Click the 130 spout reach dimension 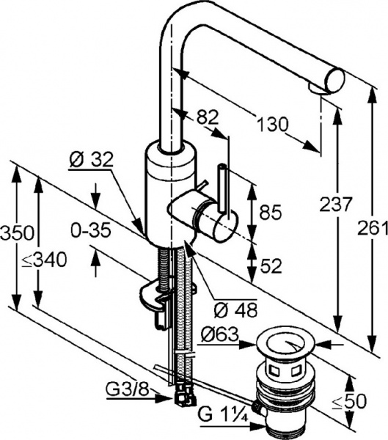pyautogui.click(x=273, y=124)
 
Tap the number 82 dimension pyautogui.click(x=207, y=117)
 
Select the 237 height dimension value pyautogui.click(x=336, y=204)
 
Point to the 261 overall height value pyautogui.click(x=373, y=227)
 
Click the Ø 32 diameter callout pyautogui.click(x=91, y=160)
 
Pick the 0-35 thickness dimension pyautogui.click(x=91, y=231)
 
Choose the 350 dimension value pyautogui.click(x=18, y=232)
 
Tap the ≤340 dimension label pyautogui.click(x=44, y=260)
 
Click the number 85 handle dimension pyautogui.click(x=270, y=212)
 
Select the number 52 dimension pyautogui.click(x=271, y=265)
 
